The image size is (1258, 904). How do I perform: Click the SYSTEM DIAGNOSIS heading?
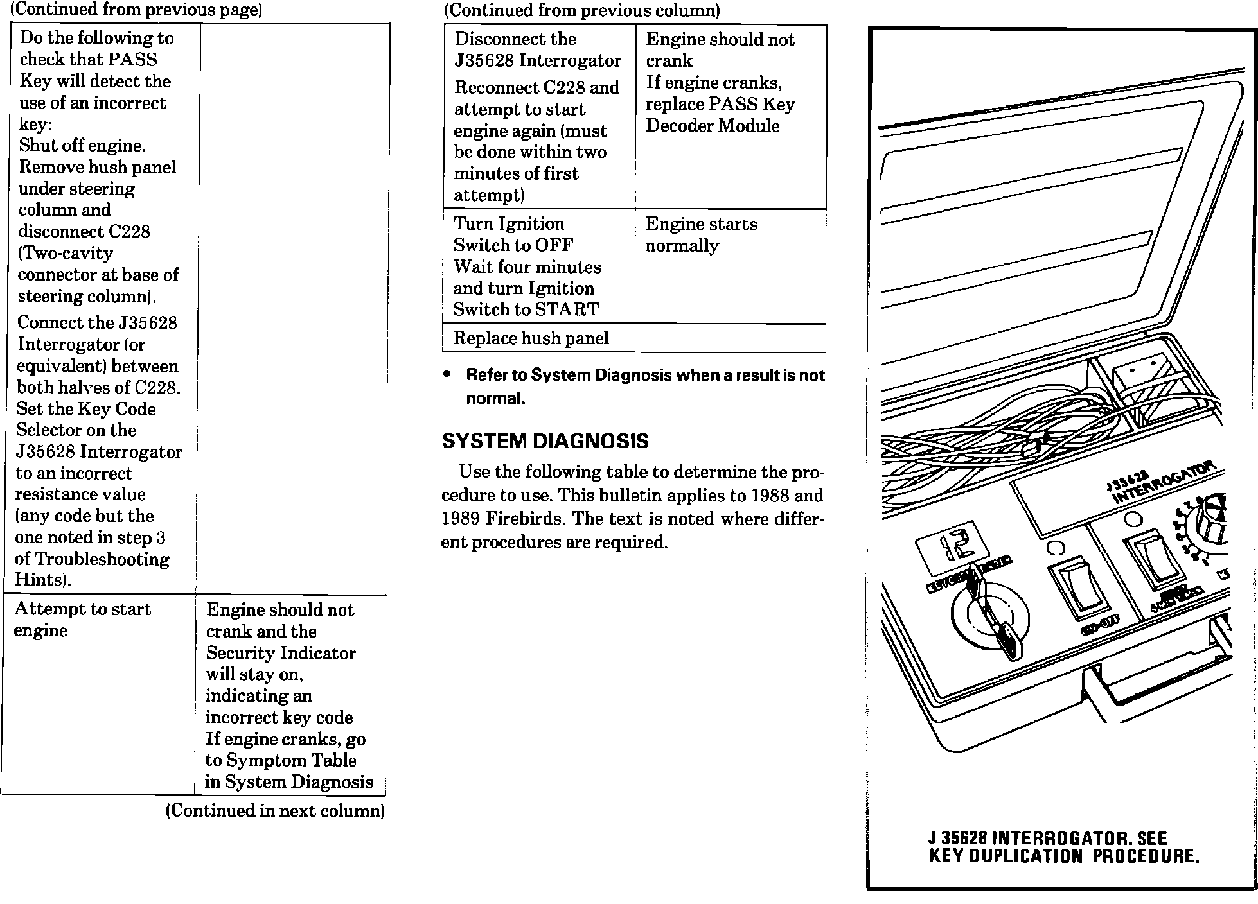pos(545,441)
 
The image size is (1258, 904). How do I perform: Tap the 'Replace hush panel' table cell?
pos(531,338)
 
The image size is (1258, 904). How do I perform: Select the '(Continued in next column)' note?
pos(275,811)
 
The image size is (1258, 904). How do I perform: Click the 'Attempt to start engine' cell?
pos(82,620)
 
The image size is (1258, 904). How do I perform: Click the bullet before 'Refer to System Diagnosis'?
pos(447,375)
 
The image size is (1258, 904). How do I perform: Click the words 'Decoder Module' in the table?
pos(712,126)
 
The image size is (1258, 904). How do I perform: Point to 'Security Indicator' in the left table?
pos(281,653)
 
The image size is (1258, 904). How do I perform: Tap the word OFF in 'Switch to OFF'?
pos(554,245)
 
